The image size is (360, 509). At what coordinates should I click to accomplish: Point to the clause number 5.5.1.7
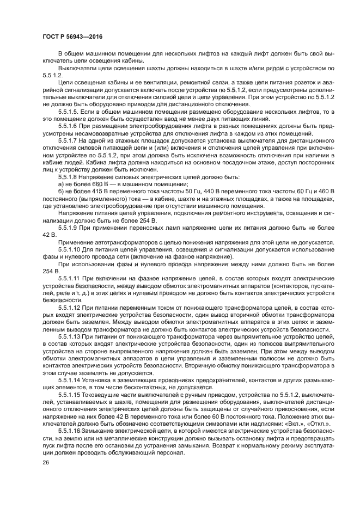pyautogui.click(x=69, y=140)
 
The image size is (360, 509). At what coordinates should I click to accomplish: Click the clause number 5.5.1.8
pyautogui.click(x=69, y=177)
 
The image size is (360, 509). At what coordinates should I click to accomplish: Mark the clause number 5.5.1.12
pyautogui.click(x=70, y=307)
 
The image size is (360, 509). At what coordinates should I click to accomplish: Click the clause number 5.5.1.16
pyautogui.click(x=70, y=430)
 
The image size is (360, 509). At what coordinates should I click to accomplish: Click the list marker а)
pyautogui.click(x=61, y=184)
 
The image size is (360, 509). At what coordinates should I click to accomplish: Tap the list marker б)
pyautogui.click(x=61, y=191)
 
